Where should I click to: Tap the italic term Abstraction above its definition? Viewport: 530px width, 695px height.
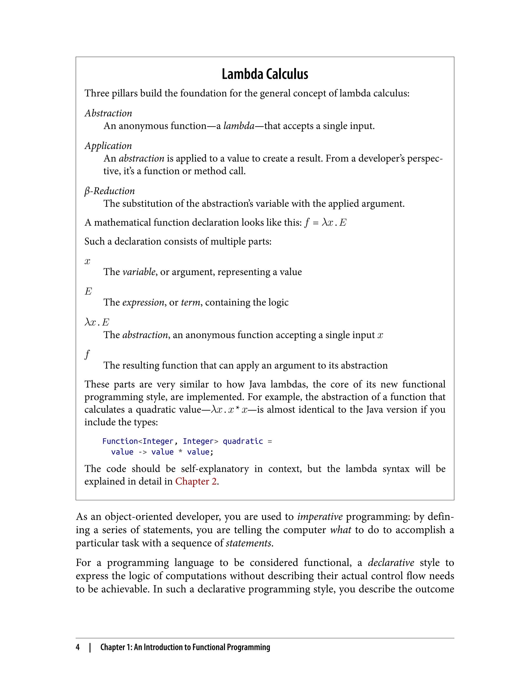(x=108, y=113)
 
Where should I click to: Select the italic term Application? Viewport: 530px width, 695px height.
(x=108, y=146)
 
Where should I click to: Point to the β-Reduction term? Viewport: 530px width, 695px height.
(x=109, y=191)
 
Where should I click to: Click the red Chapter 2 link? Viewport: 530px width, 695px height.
(x=196, y=481)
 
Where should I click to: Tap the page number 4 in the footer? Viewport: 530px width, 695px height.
(x=78, y=647)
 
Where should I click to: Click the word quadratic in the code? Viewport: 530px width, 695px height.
(x=242, y=441)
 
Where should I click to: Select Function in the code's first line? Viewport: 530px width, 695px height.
(x=120, y=441)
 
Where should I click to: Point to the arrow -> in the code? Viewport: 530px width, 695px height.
(x=143, y=452)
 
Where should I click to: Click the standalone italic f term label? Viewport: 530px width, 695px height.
(x=87, y=354)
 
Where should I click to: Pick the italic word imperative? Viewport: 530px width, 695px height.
(x=320, y=517)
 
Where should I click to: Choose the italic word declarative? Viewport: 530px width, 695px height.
(x=391, y=563)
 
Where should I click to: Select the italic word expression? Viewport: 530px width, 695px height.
(x=143, y=302)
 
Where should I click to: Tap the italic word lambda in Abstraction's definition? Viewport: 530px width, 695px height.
(x=239, y=126)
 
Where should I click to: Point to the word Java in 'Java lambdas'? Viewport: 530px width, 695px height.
(x=257, y=384)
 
